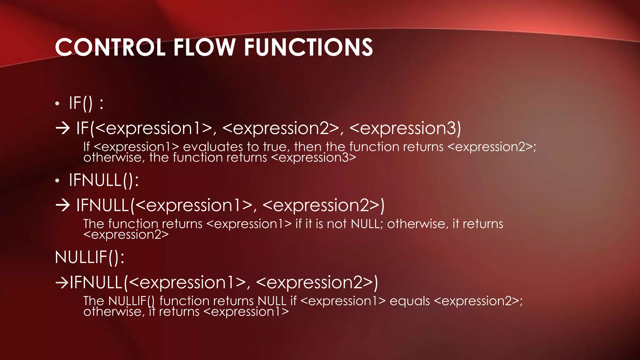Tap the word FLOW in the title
(204, 47)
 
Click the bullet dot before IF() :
(57, 104)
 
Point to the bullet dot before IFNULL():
(57, 181)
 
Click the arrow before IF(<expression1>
(62, 128)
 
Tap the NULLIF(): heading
(90, 257)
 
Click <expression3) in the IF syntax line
(405, 128)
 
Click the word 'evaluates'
(213, 147)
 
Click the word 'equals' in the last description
(410, 301)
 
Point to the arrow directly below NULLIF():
(62, 282)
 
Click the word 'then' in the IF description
(308, 147)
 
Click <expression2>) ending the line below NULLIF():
(317, 282)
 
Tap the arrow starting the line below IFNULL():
(62, 205)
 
